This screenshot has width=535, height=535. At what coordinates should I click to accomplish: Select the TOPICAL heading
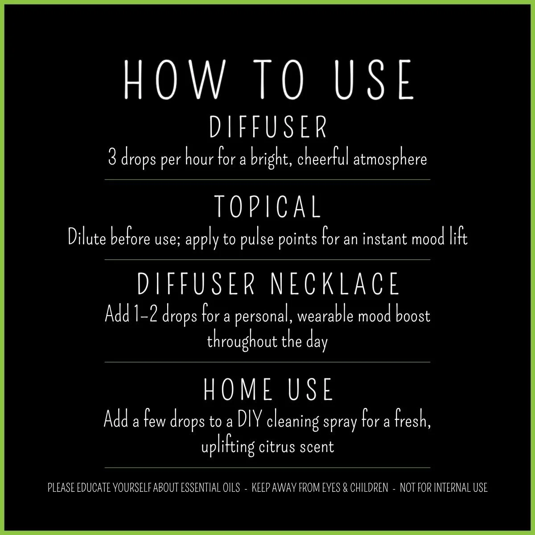pyautogui.click(x=267, y=207)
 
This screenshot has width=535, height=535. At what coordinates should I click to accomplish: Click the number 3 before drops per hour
pyautogui.click(x=112, y=159)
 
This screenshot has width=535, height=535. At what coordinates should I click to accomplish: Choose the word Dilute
pyautogui.click(x=86, y=238)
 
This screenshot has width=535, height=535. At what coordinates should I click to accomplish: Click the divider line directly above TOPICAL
pyautogui.click(x=267, y=180)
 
